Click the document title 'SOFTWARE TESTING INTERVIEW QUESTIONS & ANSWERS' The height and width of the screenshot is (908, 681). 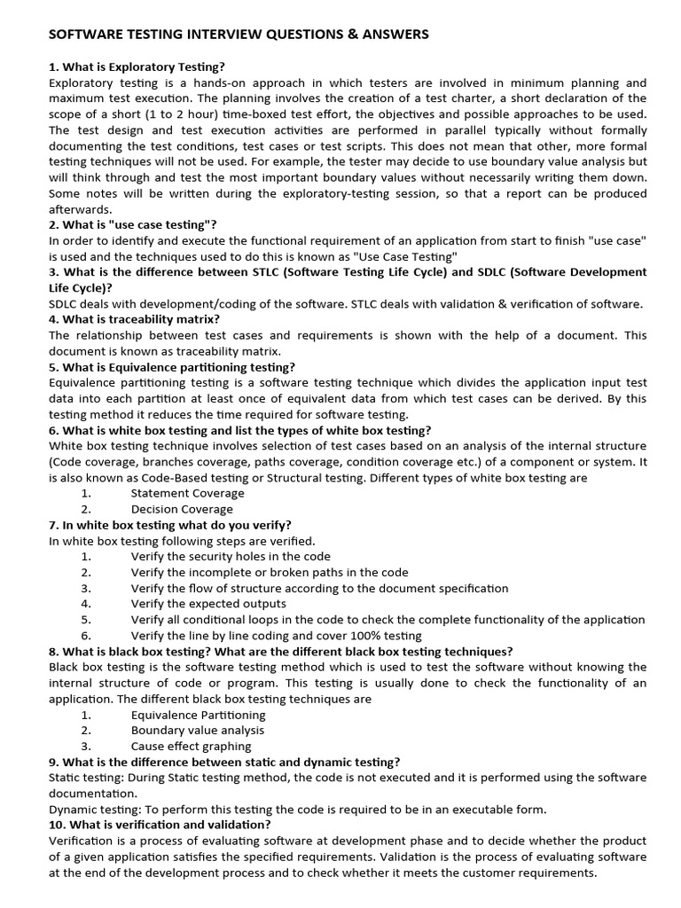click(x=239, y=35)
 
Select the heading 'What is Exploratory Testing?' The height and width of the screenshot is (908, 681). click(x=137, y=67)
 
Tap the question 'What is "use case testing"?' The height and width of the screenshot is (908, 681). click(x=133, y=224)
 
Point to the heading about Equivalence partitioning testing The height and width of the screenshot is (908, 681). click(x=172, y=367)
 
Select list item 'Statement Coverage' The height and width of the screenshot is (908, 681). click(x=187, y=493)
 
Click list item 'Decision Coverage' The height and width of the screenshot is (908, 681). click(x=182, y=509)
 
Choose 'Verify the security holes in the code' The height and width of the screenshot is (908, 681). click(x=231, y=556)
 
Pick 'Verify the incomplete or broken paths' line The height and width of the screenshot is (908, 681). click(x=270, y=572)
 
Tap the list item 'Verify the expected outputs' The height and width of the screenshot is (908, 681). click(x=208, y=603)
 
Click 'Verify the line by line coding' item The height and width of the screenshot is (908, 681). click(x=276, y=635)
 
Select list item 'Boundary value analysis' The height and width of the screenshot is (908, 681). click(x=198, y=730)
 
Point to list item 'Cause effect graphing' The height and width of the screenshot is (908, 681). click(x=191, y=746)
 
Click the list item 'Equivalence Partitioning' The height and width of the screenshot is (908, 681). click(x=198, y=714)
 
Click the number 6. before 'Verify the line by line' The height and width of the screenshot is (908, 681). click(x=86, y=635)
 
